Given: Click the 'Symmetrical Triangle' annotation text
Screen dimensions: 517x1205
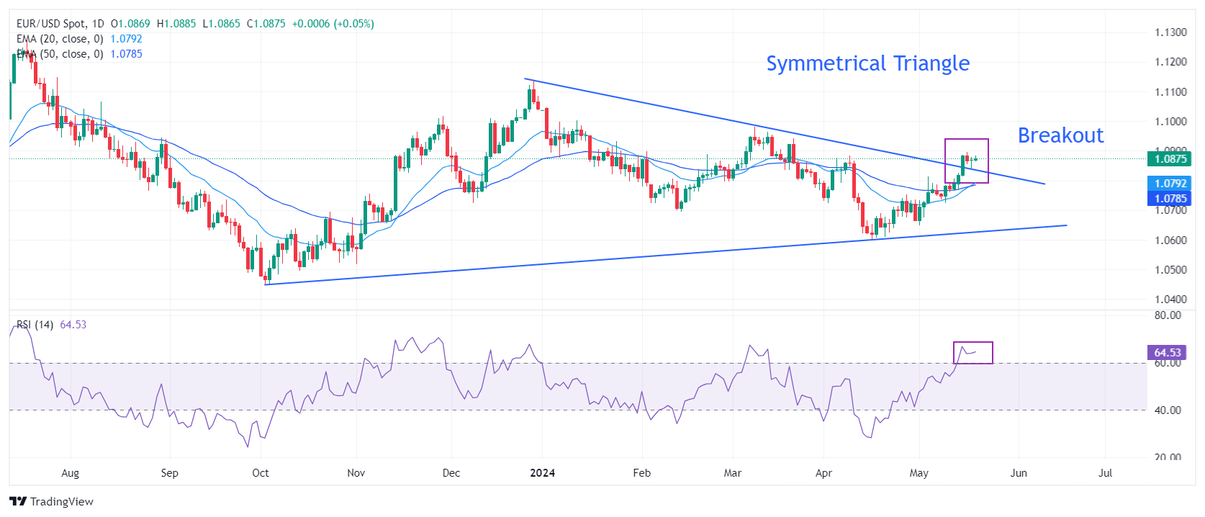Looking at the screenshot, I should (x=867, y=64).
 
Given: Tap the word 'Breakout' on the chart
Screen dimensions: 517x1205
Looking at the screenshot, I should (x=1060, y=135).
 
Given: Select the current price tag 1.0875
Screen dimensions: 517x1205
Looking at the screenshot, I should (x=1170, y=159).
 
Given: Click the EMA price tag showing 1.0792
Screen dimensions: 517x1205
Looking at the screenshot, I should (x=1170, y=184).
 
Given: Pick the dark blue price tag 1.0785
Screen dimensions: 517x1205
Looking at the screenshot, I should (x=1170, y=198).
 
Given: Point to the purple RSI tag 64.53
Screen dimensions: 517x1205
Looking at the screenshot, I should (x=1167, y=352).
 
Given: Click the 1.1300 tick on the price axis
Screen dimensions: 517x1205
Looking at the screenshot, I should (x=1170, y=32).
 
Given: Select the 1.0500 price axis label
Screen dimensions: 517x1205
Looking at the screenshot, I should (x=1170, y=270).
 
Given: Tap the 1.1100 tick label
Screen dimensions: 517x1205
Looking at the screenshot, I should (x=1170, y=92).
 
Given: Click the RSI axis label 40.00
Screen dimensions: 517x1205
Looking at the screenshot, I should (x=1167, y=410).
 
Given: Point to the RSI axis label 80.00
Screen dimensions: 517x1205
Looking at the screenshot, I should (x=1167, y=315).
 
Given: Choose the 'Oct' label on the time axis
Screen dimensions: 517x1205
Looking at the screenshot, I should (x=261, y=473).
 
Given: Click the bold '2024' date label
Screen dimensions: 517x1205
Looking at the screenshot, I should (x=542, y=473).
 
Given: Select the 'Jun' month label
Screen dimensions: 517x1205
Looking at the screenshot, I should (x=1019, y=473).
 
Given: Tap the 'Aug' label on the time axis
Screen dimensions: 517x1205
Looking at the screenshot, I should (x=70, y=473).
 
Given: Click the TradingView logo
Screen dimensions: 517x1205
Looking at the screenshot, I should (x=51, y=501).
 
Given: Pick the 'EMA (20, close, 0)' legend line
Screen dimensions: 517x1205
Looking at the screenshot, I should (x=60, y=39).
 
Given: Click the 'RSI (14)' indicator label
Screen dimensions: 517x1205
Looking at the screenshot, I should (x=35, y=325).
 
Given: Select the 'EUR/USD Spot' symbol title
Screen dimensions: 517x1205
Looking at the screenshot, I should (x=50, y=24).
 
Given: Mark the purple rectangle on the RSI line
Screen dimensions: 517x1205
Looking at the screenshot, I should (x=973, y=353).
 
